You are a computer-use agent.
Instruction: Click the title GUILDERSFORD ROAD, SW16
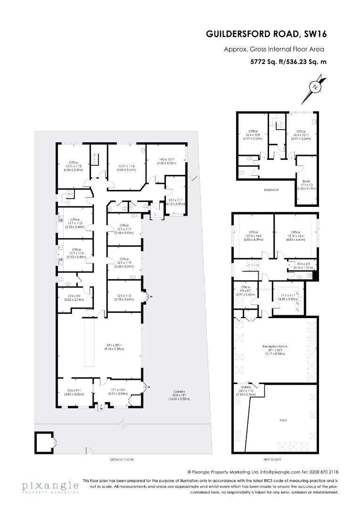pyautogui.click(x=266, y=34)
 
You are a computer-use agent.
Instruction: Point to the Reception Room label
pyautogui.click(x=274, y=346)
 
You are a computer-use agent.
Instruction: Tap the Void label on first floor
pyautogui.click(x=283, y=419)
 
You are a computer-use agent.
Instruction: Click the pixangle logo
pyautogui.click(x=49, y=486)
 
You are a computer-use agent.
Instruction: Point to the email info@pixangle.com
pyautogui.click(x=274, y=472)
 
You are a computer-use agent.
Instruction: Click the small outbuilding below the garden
pyautogui.click(x=45, y=442)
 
